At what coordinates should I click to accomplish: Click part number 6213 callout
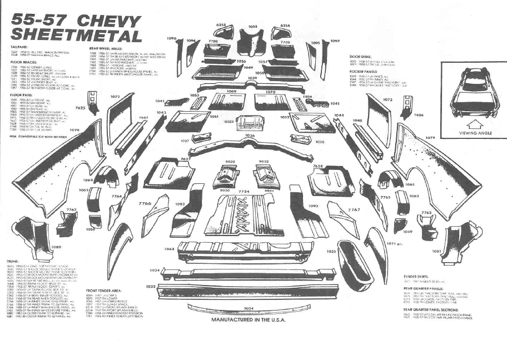[221, 25]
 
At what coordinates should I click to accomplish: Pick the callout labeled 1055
[253, 27]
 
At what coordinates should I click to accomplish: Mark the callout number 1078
[74, 130]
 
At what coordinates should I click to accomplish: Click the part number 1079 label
[430, 137]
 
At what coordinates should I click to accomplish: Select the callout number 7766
[145, 204]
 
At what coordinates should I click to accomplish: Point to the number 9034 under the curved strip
[248, 308]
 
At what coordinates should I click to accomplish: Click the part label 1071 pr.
[394, 243]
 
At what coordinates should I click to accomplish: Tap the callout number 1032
[150, 287]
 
